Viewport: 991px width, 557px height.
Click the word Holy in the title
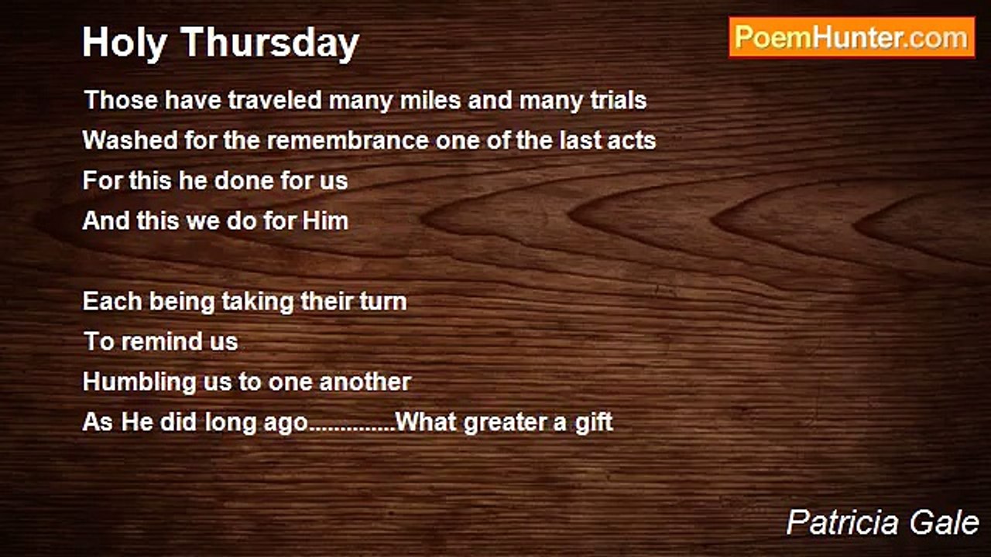pyautogui.click(x=125, y=43)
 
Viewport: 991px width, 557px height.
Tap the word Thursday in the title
pyautogui.click(x=270, y=43)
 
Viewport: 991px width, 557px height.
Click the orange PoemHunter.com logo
pyautogui.click(x=852, y=38)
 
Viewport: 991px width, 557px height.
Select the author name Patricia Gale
pyautogui.click(x=882, y=522)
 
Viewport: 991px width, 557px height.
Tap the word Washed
pyautogui.click(x=130, y=140)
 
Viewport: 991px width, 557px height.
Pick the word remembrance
pyautogui.click(x=348, y=140)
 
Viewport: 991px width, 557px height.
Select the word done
pyautogui.click(x=244, y=180)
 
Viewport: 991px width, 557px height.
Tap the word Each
pyautogui.click(x=112, y=301)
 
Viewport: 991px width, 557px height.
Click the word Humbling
pyautogui.click(x=139, y=383)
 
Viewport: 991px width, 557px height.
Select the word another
pyautogui.click(x=365, y=382)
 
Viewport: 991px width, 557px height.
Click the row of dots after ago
pyautogui.click(x=351, y=429)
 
